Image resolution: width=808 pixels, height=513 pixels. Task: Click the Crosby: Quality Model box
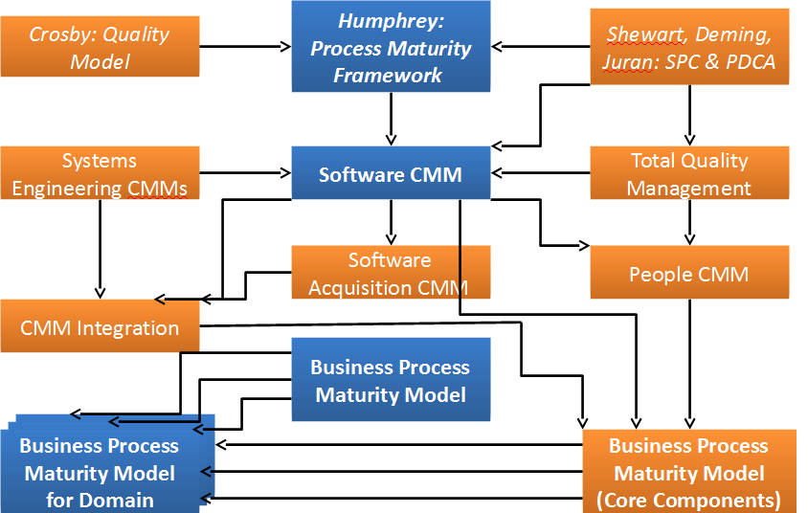(x=100, y=47)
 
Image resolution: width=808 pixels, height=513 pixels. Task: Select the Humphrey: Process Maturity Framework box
(x=390, y=47)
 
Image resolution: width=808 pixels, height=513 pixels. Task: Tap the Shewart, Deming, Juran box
(x=688, y=47)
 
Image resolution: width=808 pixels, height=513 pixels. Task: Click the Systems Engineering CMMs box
(x=100, y=173)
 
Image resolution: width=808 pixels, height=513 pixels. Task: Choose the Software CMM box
(x=390, y=173)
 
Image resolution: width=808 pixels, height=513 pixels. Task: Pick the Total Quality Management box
(x=688, y=173)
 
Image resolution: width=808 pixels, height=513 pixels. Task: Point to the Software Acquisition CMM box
(x=390, y=273)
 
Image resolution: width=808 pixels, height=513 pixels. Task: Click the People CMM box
(x=688, y=273)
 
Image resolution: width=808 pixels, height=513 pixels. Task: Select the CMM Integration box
(x=100, y=326)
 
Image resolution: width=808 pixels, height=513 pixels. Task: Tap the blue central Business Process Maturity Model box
(x=390, y=379)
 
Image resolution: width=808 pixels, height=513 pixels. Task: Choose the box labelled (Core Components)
(x=688, y=471)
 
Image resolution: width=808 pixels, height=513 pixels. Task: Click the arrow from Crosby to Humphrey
(x=244, y=45)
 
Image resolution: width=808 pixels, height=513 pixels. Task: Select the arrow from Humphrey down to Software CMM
(x=391, y=123)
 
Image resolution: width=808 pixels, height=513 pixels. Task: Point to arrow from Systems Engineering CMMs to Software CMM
(x=244, y=173)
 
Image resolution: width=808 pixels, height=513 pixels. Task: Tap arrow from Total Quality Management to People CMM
(x=688, y=222)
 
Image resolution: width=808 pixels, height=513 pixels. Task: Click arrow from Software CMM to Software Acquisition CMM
(x=391, y=223)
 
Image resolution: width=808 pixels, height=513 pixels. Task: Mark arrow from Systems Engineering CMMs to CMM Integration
(x=100, y=249)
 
